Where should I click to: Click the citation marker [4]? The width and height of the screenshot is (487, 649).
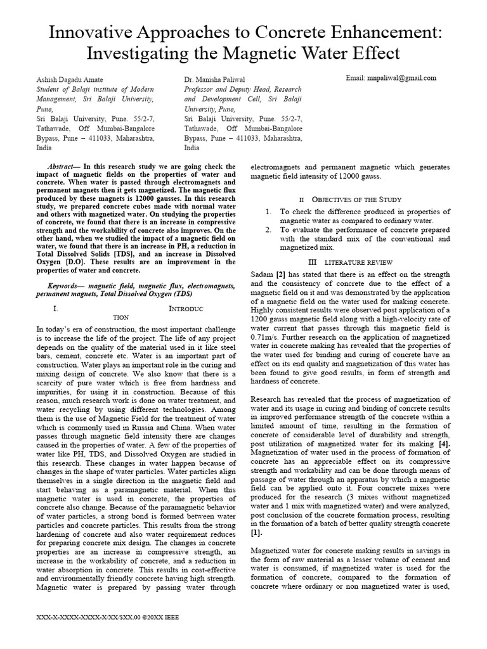coord(443,449)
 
